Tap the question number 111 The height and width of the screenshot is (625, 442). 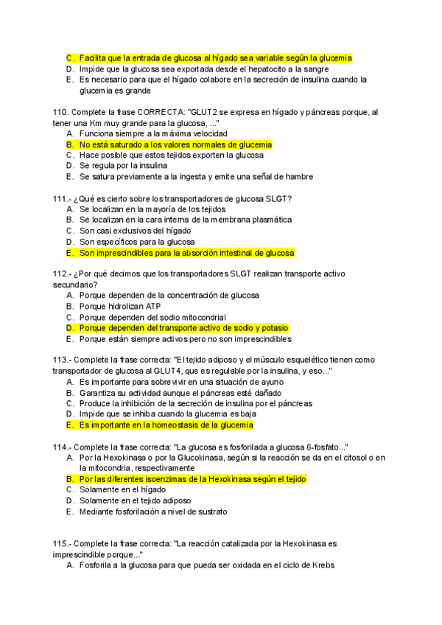(62, 198)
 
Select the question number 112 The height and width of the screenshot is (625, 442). (62, 273)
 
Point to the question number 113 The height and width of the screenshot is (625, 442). (62, 360)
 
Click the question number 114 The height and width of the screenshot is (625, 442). (62, 447)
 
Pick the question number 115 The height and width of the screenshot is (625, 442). (62, 543)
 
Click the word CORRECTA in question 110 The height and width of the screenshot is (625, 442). (155, 112)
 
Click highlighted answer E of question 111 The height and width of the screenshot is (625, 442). (186, 253)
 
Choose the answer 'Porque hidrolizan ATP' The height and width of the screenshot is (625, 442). (120, 306)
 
